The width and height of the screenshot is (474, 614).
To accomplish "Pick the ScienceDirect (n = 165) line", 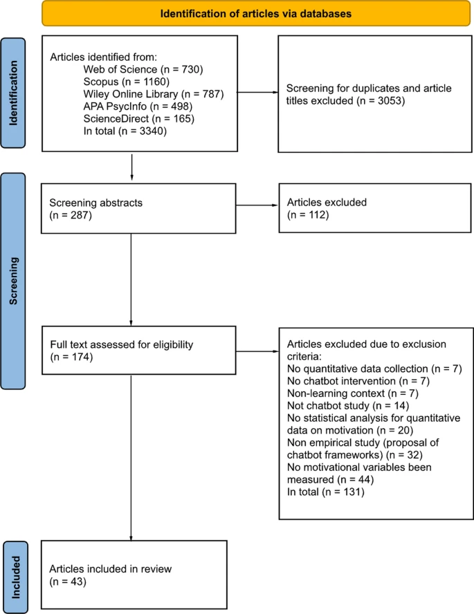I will [x=138, y=118].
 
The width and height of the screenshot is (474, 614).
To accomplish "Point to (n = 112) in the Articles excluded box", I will [x=304, y=216].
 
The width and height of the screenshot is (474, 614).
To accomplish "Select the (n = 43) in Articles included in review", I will [x=66, y=582].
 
